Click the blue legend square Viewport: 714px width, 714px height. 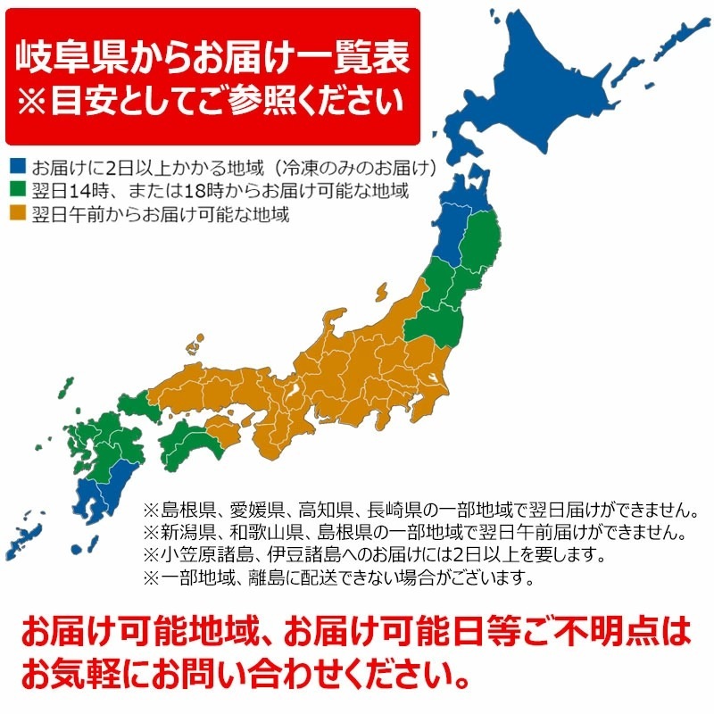[x=18, y=167]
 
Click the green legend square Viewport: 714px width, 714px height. [x=18, y=191]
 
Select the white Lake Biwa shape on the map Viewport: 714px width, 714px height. [x=290, y=392]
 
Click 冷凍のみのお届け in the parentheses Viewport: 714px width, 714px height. [x=357, y=167]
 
